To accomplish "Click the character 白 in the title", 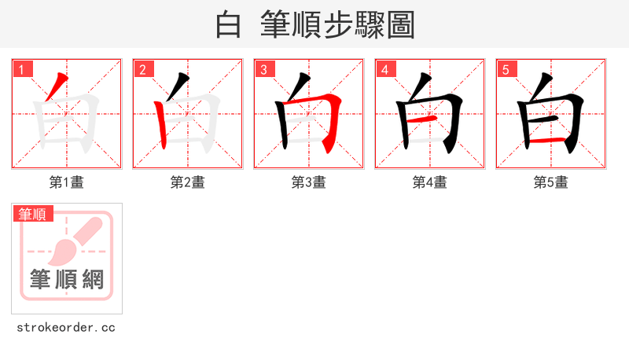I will pyautogui.click(x=228, y=25).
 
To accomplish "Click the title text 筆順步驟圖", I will pyautogui.click(x=337, y=25).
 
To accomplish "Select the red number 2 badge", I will pyautogui.click(x=143, y=70).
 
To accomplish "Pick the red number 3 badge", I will pyautogui.click(x=264, y=70).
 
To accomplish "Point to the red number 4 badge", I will pyautogui.click(x=385, y=70).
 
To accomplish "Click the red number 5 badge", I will pyautogui.click(x=506, y=70).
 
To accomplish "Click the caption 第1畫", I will pyautogui.click(x=66, y=182).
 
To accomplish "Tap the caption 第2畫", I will pyautogui.click(x=187, y=182).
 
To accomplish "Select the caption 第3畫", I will pyautogui.click(x=308, y=182).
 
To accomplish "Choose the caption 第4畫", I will pyautogui.click(x=429, y=182).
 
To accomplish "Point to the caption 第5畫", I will pyautogui.click(x=550, y=182).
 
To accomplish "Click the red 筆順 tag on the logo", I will pyautogui.click(x=33, y=214).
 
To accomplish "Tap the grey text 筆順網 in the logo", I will pyautogui.click(x=66, y=278).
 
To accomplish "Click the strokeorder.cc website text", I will pyautogui.click(x=66, y=327).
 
